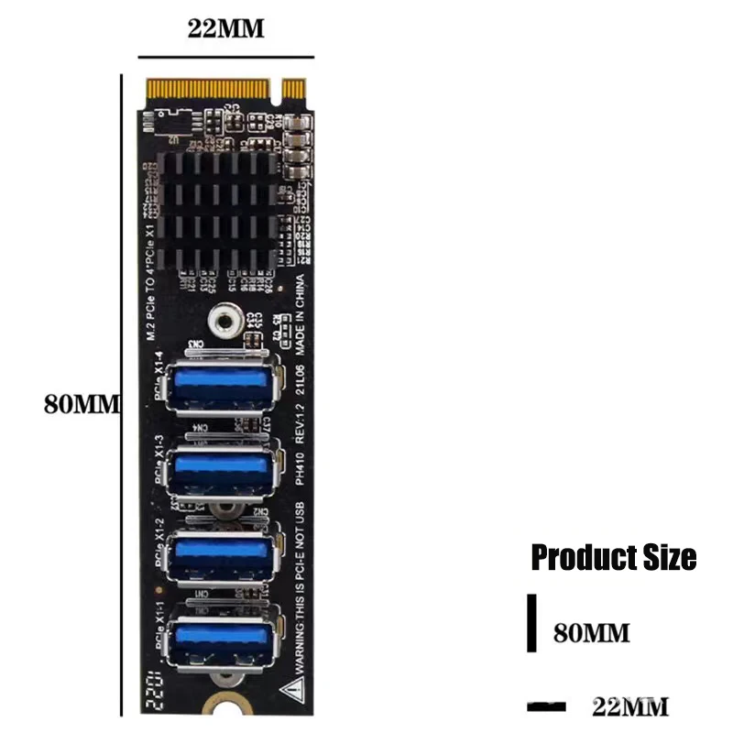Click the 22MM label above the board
[225, 28]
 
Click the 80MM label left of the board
[82, 403]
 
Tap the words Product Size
[614, 556]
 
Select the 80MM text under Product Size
[592, 632]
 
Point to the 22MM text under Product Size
[630, 706]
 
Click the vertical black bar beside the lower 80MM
[531, 623]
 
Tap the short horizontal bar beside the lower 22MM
[547, 706]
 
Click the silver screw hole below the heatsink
[220, 320]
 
